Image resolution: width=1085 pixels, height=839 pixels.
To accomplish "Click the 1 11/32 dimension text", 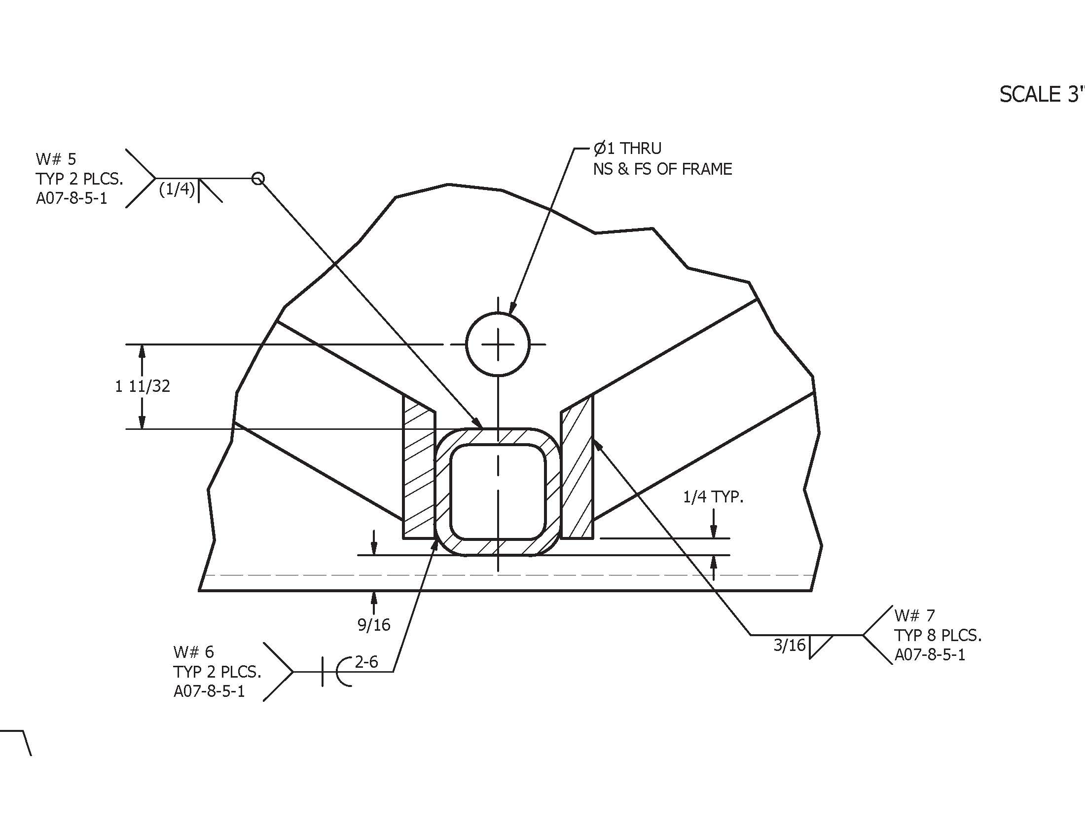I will [x=143, y=386].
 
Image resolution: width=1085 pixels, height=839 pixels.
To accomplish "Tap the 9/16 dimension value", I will [x=374, y=625].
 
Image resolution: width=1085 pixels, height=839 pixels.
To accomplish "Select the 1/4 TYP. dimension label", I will [x=713, y=497].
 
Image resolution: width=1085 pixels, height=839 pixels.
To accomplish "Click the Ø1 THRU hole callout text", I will [x=627, y=148].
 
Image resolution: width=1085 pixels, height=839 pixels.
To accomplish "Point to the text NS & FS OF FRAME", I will [x=662, y=169].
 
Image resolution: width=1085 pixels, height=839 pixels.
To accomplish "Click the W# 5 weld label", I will [x=56, y=159].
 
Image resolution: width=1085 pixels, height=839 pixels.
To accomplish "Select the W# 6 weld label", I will [x=193, y=651].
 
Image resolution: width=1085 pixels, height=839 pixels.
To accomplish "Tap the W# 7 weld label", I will [x=914, y=615].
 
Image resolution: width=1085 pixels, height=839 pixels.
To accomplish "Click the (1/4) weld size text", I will [x=177, y=189].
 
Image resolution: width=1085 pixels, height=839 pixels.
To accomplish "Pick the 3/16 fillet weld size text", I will [x=789, y=645].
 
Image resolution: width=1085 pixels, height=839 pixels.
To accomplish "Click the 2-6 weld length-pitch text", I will [x=366, y=661].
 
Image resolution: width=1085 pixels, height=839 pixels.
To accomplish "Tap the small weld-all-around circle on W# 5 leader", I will [x=258, y=178].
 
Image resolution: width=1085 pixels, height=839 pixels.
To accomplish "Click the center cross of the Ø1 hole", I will [x=498, y=344].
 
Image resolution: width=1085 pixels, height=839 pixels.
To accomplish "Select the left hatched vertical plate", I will [x=419, y=472].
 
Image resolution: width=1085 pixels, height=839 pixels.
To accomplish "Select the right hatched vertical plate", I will [x=578, y=472].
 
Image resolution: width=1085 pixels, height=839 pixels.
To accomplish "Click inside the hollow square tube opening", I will [x=498, y=492].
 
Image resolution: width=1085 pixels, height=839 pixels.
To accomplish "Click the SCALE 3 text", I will [x=1041, y=94].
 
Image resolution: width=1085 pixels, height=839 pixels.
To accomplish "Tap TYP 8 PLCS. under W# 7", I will [x=938, y=635].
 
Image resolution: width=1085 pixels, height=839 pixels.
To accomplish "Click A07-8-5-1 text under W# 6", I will [x=209, y=691].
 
